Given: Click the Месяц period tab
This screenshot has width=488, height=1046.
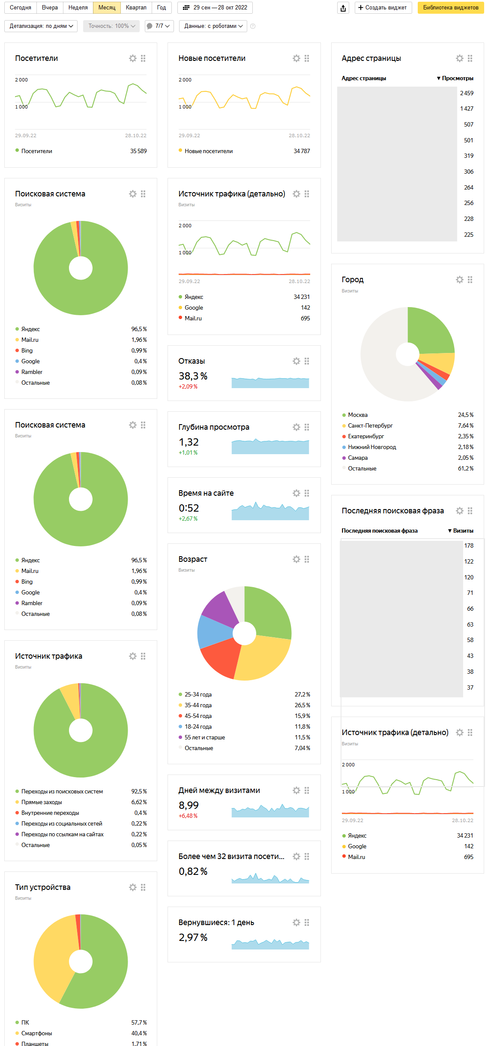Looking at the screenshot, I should (x=107, y=8).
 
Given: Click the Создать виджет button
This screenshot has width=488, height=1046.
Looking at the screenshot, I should (x=383, y=8).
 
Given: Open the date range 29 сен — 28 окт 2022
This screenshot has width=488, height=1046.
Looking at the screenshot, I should (x=215, y=8).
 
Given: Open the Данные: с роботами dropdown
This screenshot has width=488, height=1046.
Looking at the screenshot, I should (x=213, y=26).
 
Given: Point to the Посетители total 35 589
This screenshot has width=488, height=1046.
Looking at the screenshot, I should (x=138, y=151).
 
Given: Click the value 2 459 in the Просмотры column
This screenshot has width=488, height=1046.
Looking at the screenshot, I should (x=467, y=93).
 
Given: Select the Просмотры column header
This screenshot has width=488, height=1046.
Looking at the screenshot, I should (x=457, y=78).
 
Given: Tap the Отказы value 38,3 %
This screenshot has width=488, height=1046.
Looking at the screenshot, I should (x=193, y=376).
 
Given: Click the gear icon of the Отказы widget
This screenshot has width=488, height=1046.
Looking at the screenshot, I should (x=296, y=361).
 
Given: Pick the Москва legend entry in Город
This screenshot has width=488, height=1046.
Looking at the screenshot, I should (x=358, y=415).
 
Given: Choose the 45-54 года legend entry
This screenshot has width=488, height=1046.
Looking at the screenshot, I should (x=198, y=716).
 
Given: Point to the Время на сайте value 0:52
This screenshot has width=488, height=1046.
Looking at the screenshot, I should (x=189, y=508).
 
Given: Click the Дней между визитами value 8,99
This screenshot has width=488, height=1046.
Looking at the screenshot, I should (x=189, y=805).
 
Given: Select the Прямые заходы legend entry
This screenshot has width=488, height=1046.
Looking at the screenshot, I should (x=42, y=802).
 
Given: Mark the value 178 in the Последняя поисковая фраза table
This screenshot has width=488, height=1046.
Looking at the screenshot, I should (x=469, y=546).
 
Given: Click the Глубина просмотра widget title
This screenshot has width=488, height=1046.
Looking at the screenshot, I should (x=214, y=427).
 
